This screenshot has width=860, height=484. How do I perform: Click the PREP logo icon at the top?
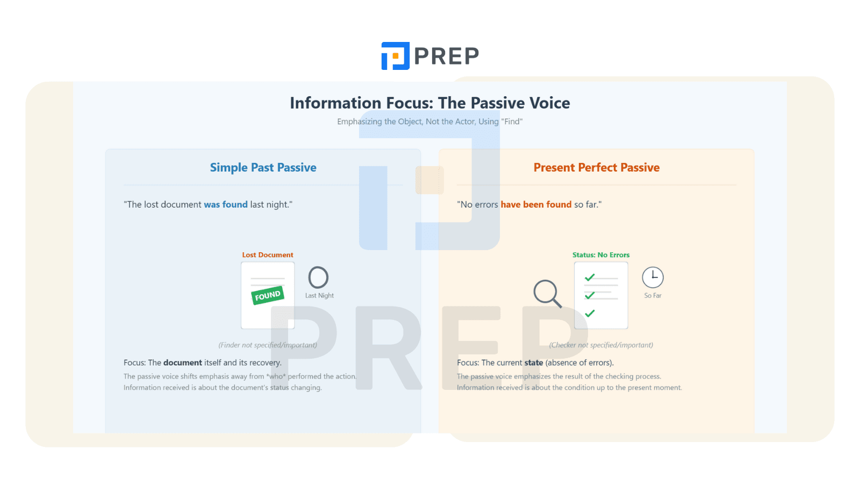(x=395, y=56)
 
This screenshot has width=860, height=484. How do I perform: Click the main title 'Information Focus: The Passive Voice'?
(x=429, y=103)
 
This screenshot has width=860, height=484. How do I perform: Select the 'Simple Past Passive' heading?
(x=263, y=167)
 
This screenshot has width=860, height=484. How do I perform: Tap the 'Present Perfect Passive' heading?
(x=596, y=167)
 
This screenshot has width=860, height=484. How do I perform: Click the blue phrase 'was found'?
(x=226, y=204)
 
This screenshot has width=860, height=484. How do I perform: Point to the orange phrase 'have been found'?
(x=536, y=204)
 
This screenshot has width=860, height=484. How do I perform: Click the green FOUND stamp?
(x=268, y=295)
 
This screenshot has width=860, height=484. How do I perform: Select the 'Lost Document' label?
(x=268, y=255)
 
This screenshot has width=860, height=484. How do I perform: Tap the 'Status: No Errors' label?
(x=601, y=255)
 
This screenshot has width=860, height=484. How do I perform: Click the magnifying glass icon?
(x=547, y=294)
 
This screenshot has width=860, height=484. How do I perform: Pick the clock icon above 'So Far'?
(x=653, y=277)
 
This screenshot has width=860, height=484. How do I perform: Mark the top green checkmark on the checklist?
(x=590, y=277)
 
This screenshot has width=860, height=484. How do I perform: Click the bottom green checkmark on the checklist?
(x=590, y=313)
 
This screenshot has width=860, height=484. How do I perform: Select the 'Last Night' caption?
(x=319, y=295)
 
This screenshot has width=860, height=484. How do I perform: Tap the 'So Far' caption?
(x=653, y=295)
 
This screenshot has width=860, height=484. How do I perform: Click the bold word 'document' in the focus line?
(x=183, y=362)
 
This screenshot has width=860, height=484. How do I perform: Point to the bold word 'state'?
(x=534, y=362)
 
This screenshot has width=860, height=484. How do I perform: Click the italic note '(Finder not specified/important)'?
(x=268, y=345)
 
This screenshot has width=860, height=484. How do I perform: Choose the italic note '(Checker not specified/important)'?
(x=601, y=345)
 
